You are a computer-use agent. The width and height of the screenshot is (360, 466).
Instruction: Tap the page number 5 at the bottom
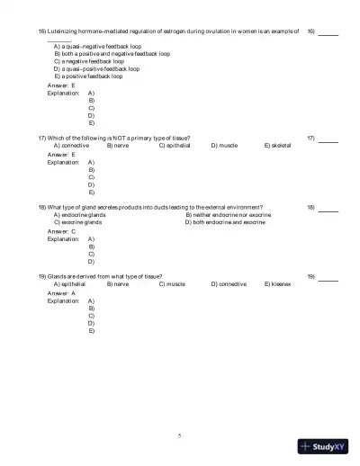click(179, 435)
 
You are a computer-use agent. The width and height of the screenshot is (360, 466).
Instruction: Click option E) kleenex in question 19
click(277, 283)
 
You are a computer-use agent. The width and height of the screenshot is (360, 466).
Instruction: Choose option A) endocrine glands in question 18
click(79, 215)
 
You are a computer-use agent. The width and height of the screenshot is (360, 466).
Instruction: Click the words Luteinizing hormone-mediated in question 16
click(84, 31)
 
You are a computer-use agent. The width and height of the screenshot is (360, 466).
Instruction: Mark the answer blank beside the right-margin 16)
click(328, 31)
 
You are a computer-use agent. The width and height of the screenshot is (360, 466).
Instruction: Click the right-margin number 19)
click(310, 276)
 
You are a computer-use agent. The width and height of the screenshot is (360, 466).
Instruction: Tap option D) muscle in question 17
click(224, 144)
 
